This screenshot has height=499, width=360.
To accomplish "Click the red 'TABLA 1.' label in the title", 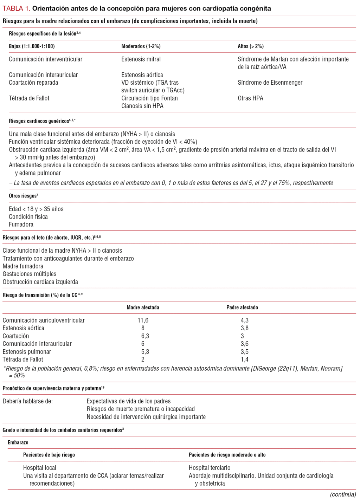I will [16, 8].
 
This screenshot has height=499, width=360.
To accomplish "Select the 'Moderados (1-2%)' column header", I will [141, 46].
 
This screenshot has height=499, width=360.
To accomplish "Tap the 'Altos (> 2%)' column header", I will [250, 46].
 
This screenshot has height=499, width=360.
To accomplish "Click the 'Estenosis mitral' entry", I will [141, 59].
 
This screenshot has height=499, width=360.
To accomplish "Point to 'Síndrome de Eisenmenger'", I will [270, 83].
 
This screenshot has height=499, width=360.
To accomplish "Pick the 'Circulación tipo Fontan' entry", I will [149, 98].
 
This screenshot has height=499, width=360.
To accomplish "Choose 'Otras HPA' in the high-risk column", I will [250, 98].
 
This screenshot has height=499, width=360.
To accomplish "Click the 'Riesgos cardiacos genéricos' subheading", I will [39, 121].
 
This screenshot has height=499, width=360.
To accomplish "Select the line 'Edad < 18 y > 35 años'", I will [36, 209].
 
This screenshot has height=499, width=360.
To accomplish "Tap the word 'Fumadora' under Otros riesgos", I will [21, 225].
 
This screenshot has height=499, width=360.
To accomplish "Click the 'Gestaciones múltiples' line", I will [29, 274].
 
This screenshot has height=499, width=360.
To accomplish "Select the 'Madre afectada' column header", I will [143, 307].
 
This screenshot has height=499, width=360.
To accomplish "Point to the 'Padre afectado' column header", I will [242, 307].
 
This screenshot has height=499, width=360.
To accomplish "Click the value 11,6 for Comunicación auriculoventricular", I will [143, 320].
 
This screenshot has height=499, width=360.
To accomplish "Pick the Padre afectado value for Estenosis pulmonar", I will [244, 352].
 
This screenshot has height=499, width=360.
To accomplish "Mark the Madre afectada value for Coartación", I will [145, 336].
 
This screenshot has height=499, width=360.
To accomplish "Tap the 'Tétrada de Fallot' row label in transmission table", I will [23, 359].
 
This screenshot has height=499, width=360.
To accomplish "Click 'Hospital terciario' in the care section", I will [209, 468].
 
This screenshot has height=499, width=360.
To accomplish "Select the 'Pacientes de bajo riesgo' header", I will [49, 455].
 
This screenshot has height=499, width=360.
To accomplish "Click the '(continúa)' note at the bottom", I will [343, 494].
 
